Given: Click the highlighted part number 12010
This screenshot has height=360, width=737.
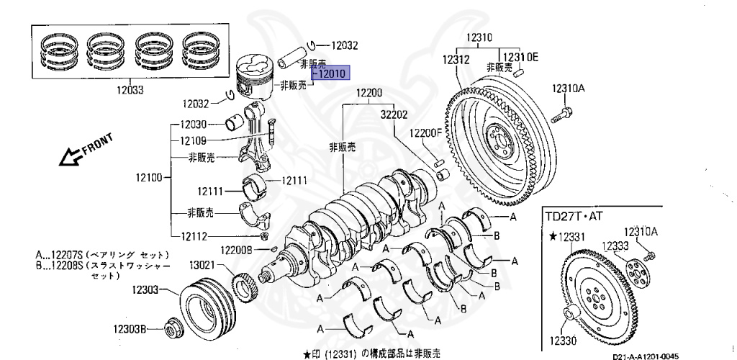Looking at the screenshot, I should pos(330,73).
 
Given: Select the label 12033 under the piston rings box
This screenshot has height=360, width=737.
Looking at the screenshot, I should pos(130,90).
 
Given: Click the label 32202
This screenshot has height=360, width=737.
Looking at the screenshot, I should pos(394,114).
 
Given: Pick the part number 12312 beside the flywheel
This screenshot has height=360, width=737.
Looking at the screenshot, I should pos(456,60).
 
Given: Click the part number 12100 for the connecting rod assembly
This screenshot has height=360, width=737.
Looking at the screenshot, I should pos(147,176).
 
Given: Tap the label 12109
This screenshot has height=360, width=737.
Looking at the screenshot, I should pos(193,140).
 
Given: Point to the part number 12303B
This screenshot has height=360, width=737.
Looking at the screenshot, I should pos(130,329).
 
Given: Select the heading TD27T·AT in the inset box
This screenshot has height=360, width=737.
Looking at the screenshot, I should pos(576,215).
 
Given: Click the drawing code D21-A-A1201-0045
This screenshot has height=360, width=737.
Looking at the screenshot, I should pos(646,355).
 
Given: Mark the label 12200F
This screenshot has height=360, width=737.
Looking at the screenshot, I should pos(425,132).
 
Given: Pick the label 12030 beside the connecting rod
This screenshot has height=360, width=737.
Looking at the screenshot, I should pos(193,124).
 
